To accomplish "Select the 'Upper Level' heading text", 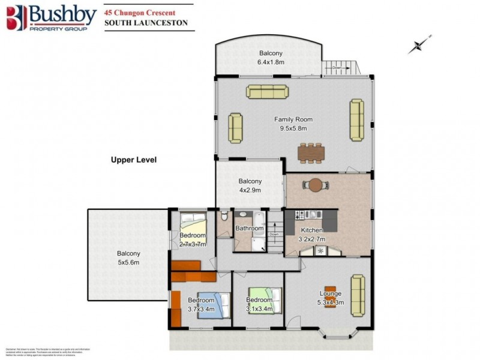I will click(134, 160).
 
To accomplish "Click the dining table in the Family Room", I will click(311, 153).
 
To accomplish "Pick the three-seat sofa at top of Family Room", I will click(266, 91).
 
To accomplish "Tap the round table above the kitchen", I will click(316, 185).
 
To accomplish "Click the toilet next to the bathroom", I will click(224, 217).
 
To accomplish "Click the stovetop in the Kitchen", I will click(299, 214).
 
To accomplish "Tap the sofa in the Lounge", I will click(357, 295).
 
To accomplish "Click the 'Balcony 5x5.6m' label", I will click(128, 258).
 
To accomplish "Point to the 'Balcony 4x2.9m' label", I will click(250, 185).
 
